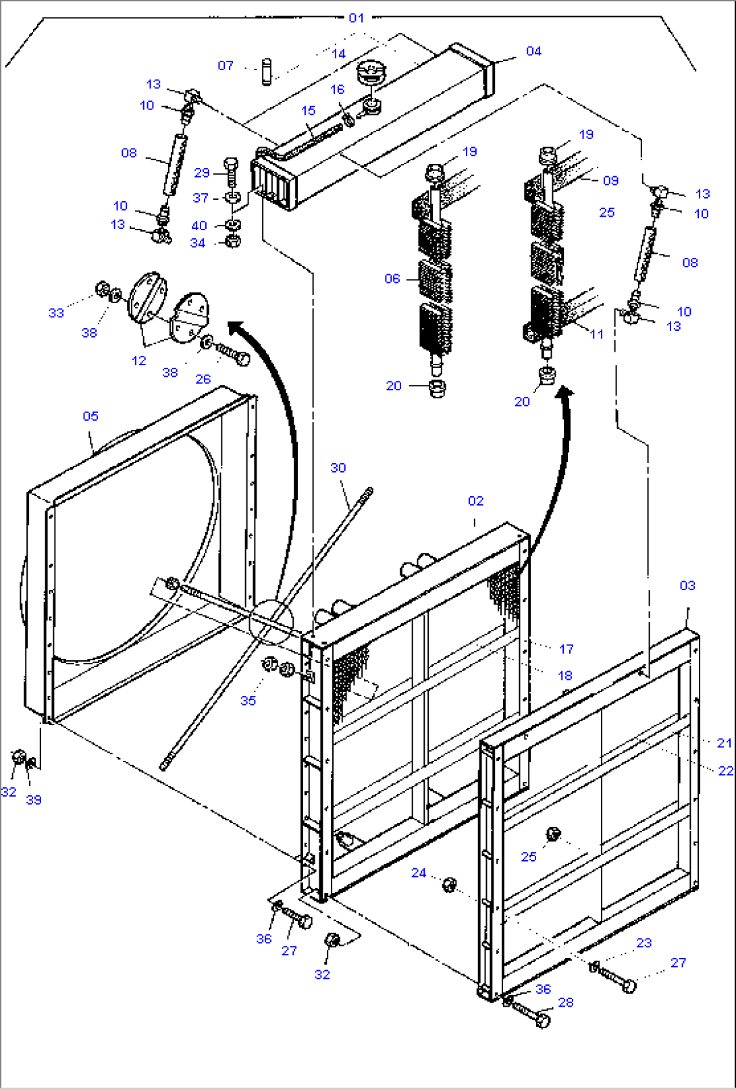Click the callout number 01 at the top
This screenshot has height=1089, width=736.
tap(356, 18)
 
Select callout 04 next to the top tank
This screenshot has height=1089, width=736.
tap(533, 51)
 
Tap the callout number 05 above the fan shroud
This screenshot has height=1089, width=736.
tap(90, 416)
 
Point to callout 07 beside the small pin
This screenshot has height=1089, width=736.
tap(226, 65)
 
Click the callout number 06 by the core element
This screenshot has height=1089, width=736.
tap(392, 278)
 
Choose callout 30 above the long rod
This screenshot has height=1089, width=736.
tap(338, 468)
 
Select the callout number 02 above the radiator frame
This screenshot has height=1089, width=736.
tap(475, 501)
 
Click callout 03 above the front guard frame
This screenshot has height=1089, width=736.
tap(687, 585)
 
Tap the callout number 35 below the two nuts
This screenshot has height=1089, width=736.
tap(248, 701)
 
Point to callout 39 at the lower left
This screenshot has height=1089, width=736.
tap(34, 800)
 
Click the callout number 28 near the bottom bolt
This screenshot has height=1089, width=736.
tap(566, 1003)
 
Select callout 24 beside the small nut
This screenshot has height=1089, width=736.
tap(419, 873)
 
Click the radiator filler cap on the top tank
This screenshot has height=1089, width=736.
tap(369, 71)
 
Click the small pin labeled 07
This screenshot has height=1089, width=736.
tap(265, 73)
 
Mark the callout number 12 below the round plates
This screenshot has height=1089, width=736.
tap(139, 361)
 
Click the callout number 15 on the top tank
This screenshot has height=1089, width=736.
tap(308, 111)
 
